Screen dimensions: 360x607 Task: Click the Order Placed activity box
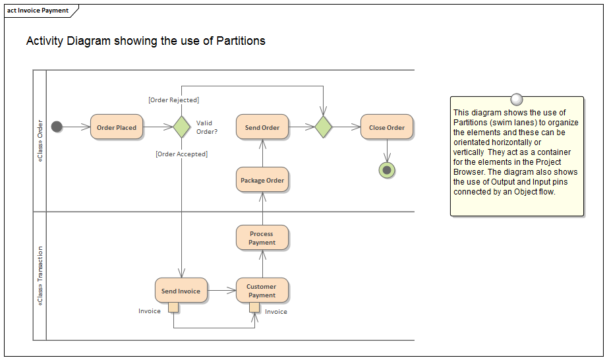[117, 127]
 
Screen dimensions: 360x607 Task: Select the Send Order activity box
[262, 127]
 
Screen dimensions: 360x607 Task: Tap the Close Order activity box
[387, 127]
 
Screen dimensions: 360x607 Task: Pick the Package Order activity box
[262, 180]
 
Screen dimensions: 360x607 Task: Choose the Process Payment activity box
[262, 238]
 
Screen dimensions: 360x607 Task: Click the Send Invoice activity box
[181, 291]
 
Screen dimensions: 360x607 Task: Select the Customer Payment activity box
[262, 291]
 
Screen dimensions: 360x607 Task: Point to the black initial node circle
[57, 127]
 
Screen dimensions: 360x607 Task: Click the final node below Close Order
[387, 170]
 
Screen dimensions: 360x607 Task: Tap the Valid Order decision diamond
[181, 127]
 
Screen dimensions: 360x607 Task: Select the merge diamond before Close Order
[323, 127]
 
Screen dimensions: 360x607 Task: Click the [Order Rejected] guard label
[173, 100]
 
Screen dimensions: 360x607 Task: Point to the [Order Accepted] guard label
[181, 154]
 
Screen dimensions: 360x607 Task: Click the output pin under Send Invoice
[173, 307]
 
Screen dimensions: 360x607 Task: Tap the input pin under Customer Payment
[254, 307]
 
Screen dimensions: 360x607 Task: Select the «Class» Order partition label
[40, 140]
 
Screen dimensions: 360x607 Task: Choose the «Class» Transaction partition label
[40, 276]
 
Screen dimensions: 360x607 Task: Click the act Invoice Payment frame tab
[38, 11]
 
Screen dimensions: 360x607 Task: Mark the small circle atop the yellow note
[516, 98]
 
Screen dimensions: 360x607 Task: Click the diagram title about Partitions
[146, 41]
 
